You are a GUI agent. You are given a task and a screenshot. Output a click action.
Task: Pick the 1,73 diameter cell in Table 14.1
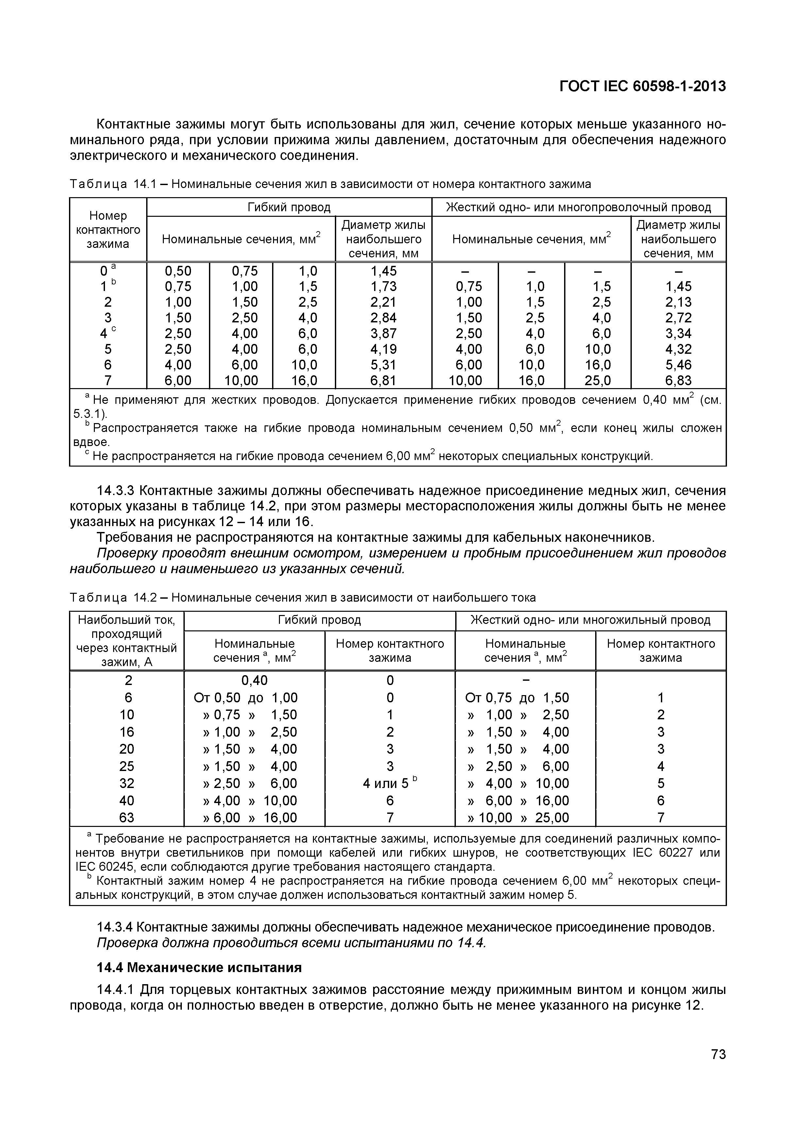383,286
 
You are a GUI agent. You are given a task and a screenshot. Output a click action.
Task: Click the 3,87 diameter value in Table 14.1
383,333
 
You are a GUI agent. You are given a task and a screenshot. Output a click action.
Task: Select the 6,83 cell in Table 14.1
678,381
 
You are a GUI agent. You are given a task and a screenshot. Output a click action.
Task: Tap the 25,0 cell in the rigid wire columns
598,381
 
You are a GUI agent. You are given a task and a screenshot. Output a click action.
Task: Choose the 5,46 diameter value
678,365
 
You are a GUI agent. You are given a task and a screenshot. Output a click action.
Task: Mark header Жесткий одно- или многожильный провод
590,621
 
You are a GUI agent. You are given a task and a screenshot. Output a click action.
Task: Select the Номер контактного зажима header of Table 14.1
108,230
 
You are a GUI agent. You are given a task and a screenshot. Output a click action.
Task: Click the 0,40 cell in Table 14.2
254,680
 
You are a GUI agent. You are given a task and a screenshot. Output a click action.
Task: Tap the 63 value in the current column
127,818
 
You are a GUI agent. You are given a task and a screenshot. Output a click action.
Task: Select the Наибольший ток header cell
127,641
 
